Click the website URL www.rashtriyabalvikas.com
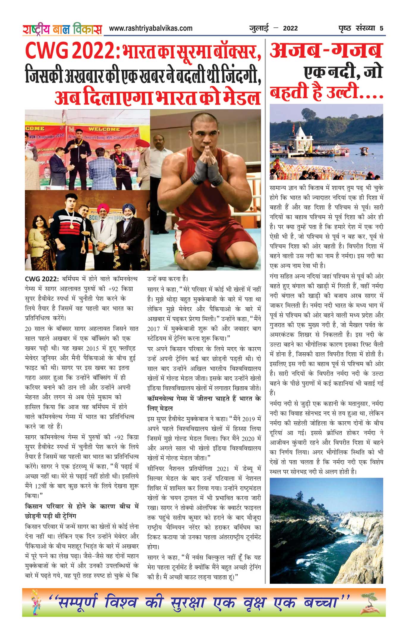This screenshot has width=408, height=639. [150, 28]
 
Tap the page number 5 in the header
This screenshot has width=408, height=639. [381, 29]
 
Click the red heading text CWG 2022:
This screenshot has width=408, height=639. [73, 51]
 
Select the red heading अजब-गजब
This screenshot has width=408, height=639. [326, 51]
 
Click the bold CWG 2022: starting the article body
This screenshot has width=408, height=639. [42, 279]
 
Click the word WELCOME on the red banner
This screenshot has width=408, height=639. [104, 129]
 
